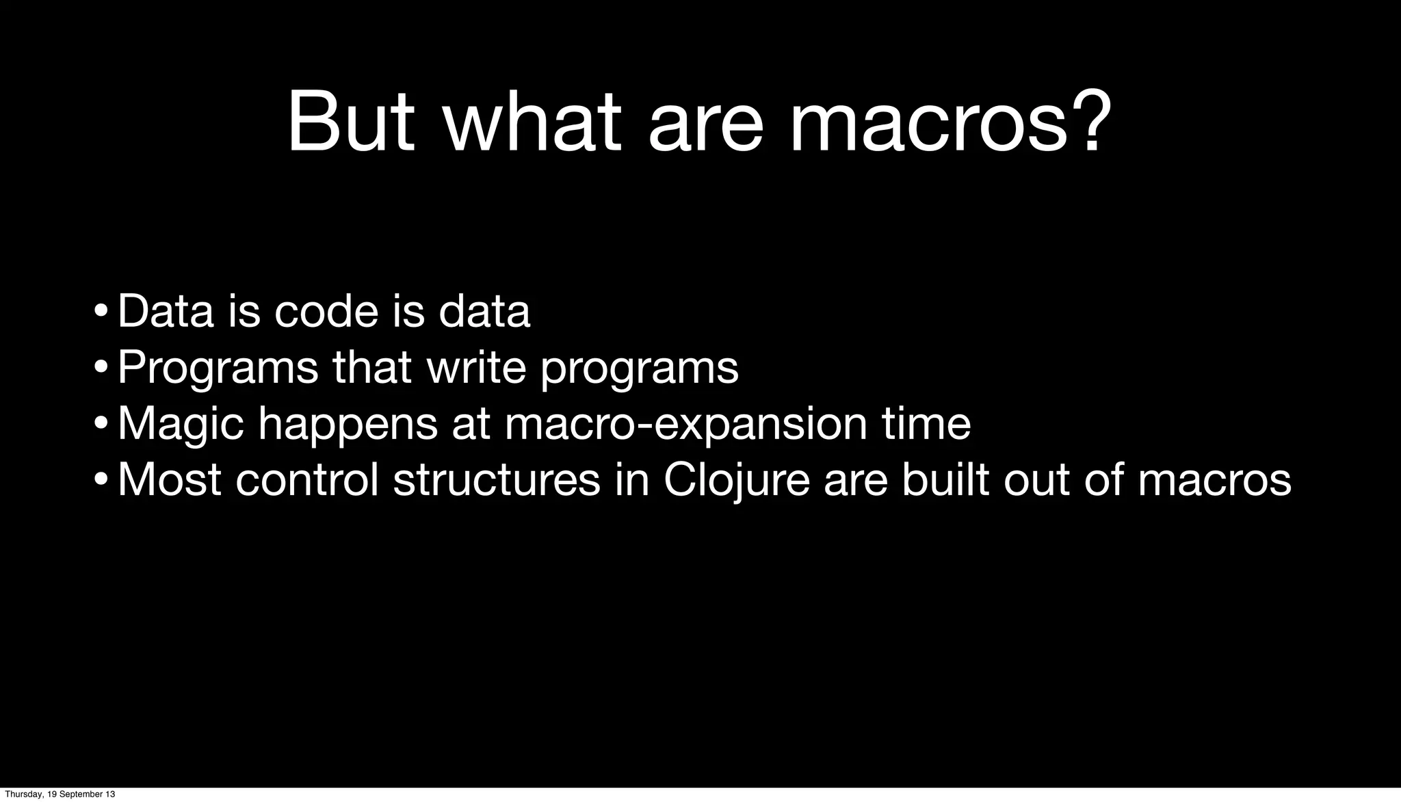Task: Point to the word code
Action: [x=326, y=311]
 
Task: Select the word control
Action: [x=306, y=480]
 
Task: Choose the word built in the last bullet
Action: [x=945, y=480]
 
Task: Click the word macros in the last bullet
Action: [x=1215, y=481]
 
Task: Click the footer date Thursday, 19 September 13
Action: [x=60, y=794]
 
